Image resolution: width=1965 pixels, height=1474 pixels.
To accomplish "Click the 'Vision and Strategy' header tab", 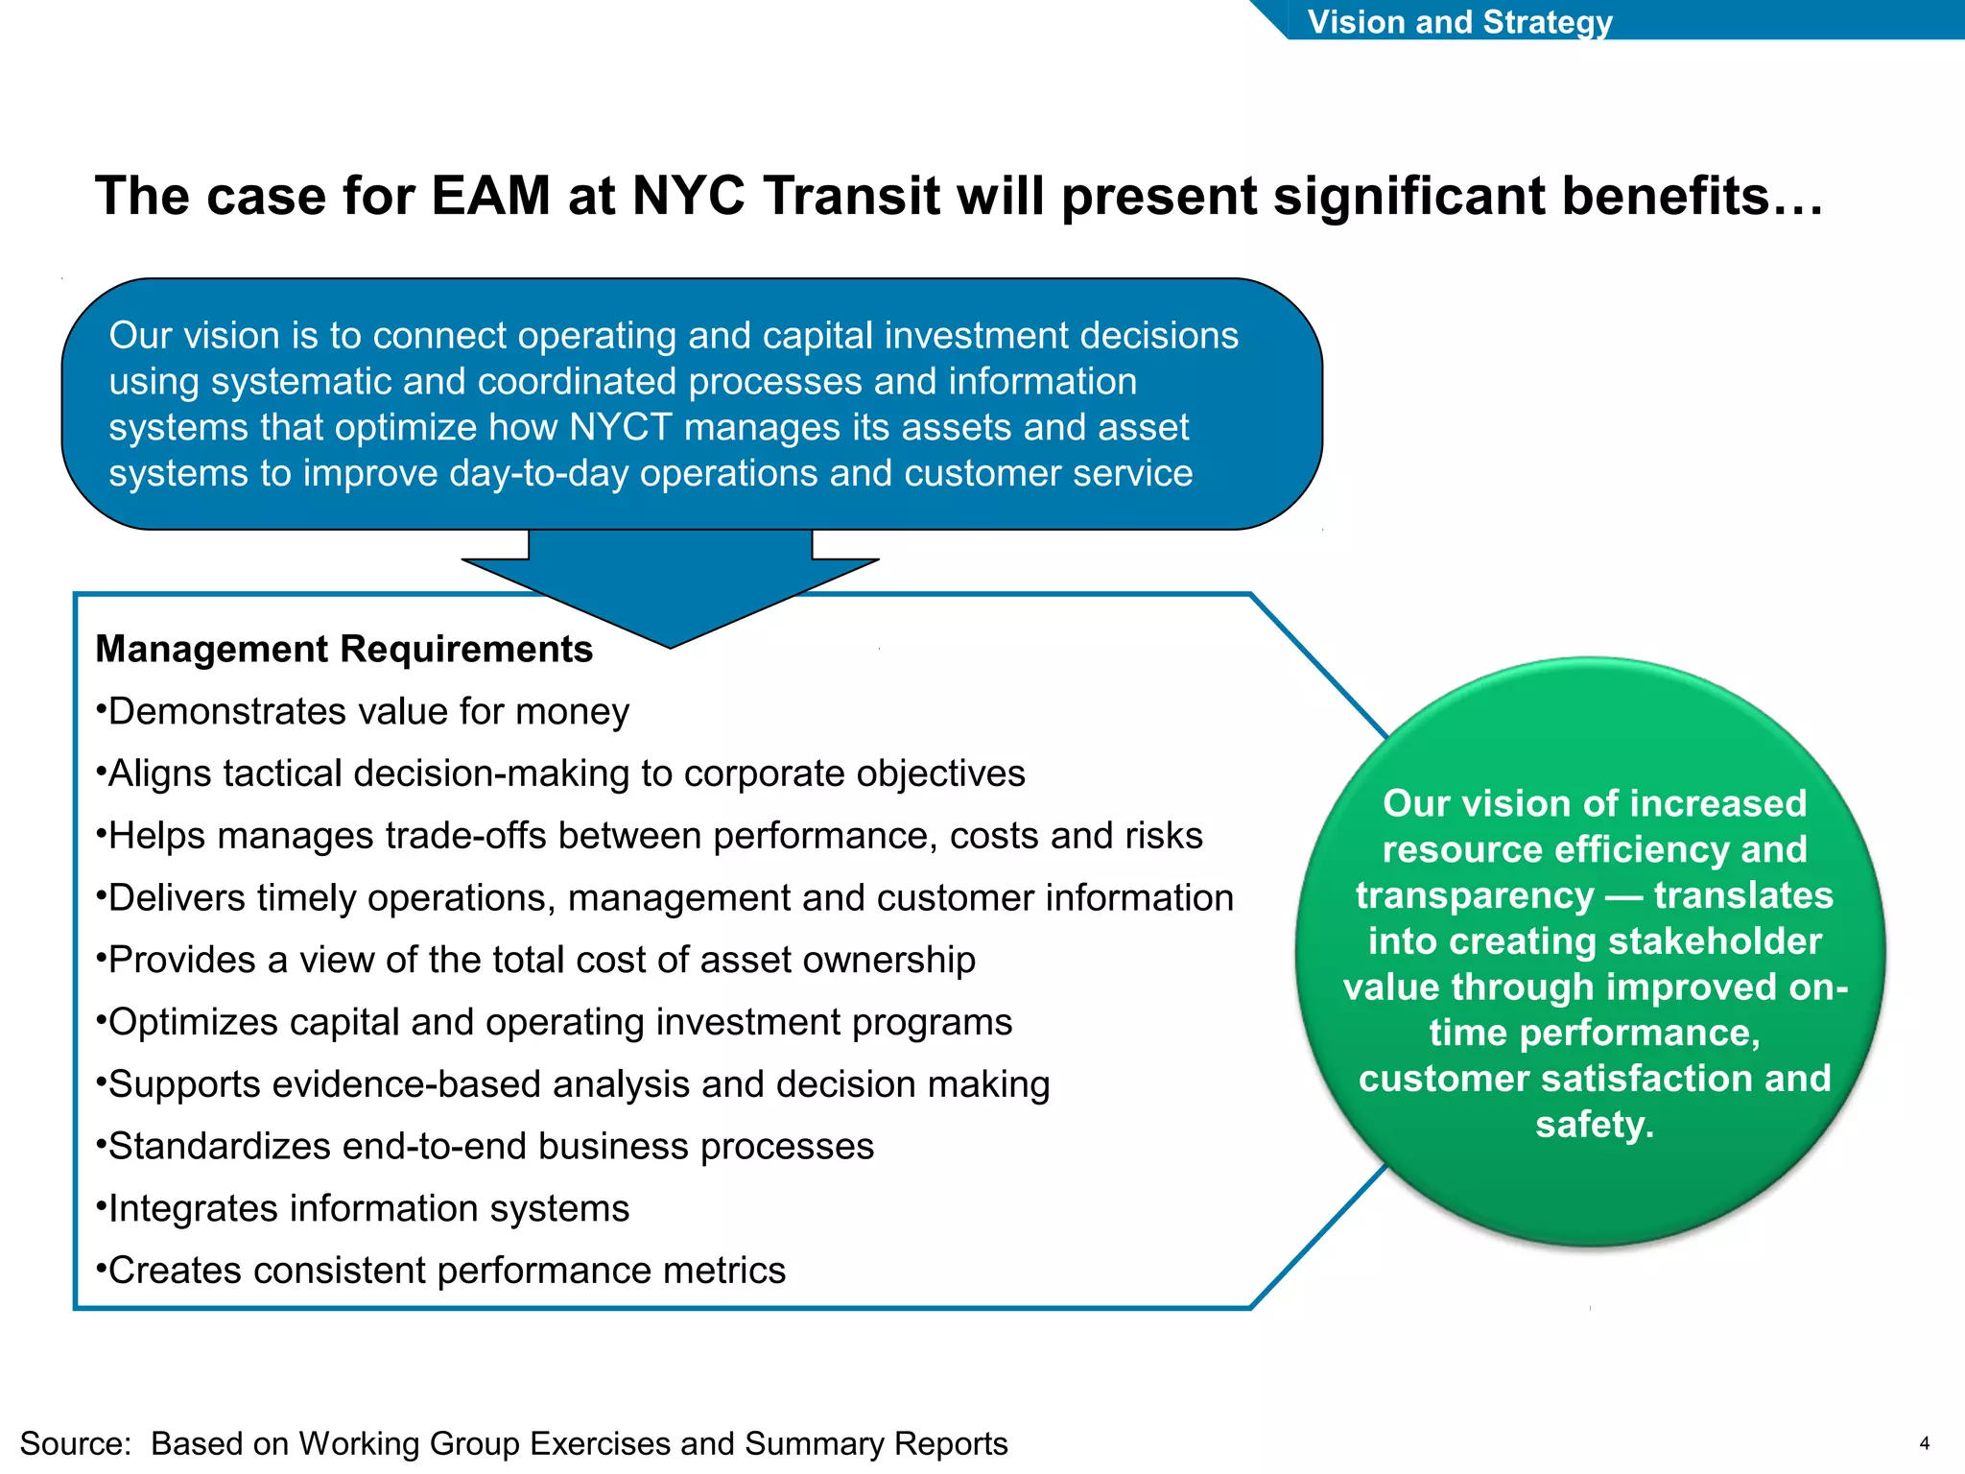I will click(x=1459, y=21).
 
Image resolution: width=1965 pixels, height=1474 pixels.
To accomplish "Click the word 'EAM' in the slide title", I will click(x=490, y=197).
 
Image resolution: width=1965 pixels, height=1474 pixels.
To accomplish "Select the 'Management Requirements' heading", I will click(x=343, y=650).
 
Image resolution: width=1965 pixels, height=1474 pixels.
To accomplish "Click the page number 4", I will click(x=1924, y=1443).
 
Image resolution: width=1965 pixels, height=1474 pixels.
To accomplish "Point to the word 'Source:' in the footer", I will click(x=76, y=1443).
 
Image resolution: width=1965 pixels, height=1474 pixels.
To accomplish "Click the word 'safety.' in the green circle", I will click(x=1595, y=1125).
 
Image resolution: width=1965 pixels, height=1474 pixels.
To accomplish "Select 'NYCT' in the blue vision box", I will click(x=620, y=427).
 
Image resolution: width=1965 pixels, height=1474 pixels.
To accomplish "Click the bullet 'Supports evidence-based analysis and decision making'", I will click(x=579, y=1084).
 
